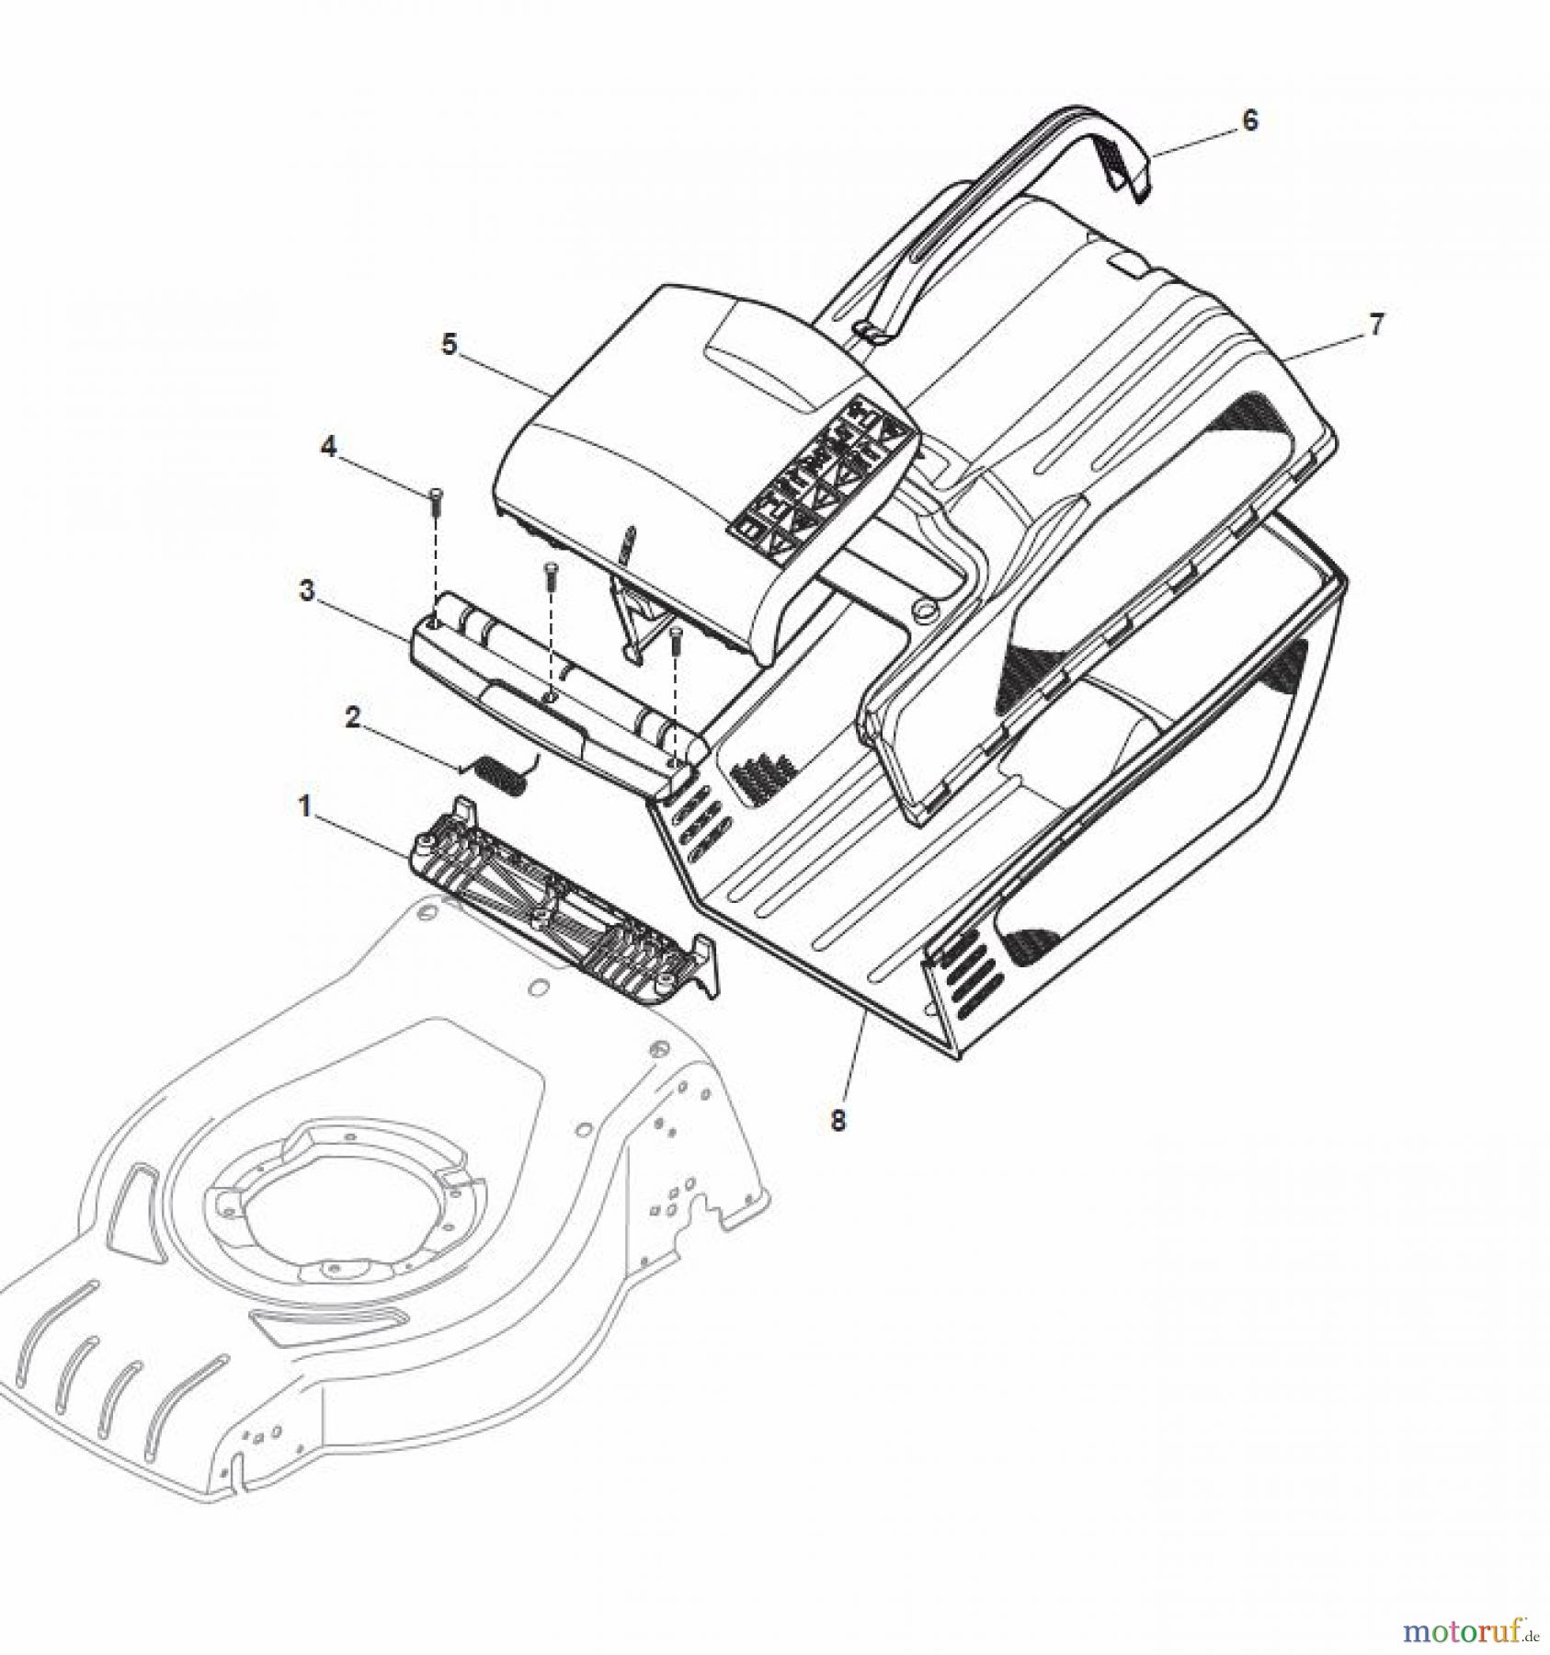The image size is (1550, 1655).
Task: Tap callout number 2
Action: (352, 718)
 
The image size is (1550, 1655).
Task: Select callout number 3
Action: (307, 591)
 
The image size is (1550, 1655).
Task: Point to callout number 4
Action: (328, 448)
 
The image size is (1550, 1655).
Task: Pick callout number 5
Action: (450, 345)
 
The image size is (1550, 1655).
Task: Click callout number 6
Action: (1249, 120)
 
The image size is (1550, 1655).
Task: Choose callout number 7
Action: (1375, 325)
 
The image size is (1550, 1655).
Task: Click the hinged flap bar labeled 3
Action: (552, 699)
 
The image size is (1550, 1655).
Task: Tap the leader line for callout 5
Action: (506, 372)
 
